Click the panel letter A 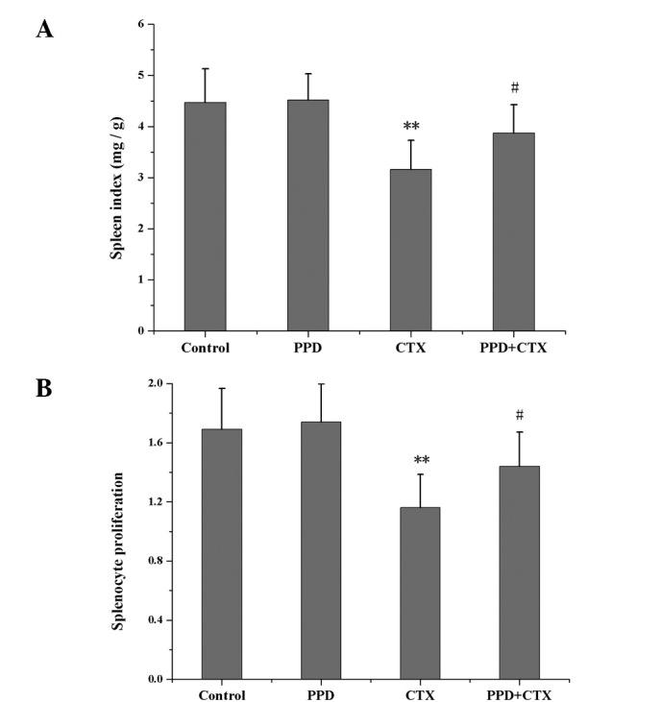(x=44, y=30)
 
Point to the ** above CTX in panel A (x=411, y=126)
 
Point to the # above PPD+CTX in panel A (x=515, y=88)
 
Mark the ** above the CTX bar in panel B (x=419, y=460)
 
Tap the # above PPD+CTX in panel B (x=519, y=415)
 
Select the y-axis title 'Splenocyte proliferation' (x=119, y=550)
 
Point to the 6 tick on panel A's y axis (x=140, y=23)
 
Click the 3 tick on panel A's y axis (x=140, y=178)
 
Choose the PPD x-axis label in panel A (x=307, y=349)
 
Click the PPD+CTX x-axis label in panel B (x=519, y=695)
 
